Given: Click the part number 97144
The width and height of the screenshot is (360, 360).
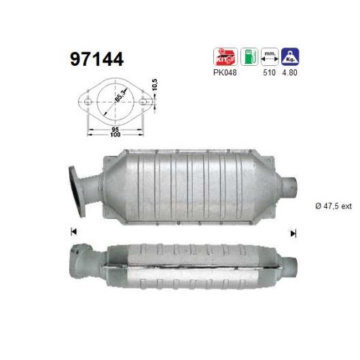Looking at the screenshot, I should pos(96,59).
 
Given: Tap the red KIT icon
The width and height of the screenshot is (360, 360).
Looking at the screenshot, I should pos(225,57).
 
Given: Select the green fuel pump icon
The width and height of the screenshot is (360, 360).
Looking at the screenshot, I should pos(250,57).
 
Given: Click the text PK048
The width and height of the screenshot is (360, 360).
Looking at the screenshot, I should pos(225,73).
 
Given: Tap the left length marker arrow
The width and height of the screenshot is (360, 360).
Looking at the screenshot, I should pos(73,232).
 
